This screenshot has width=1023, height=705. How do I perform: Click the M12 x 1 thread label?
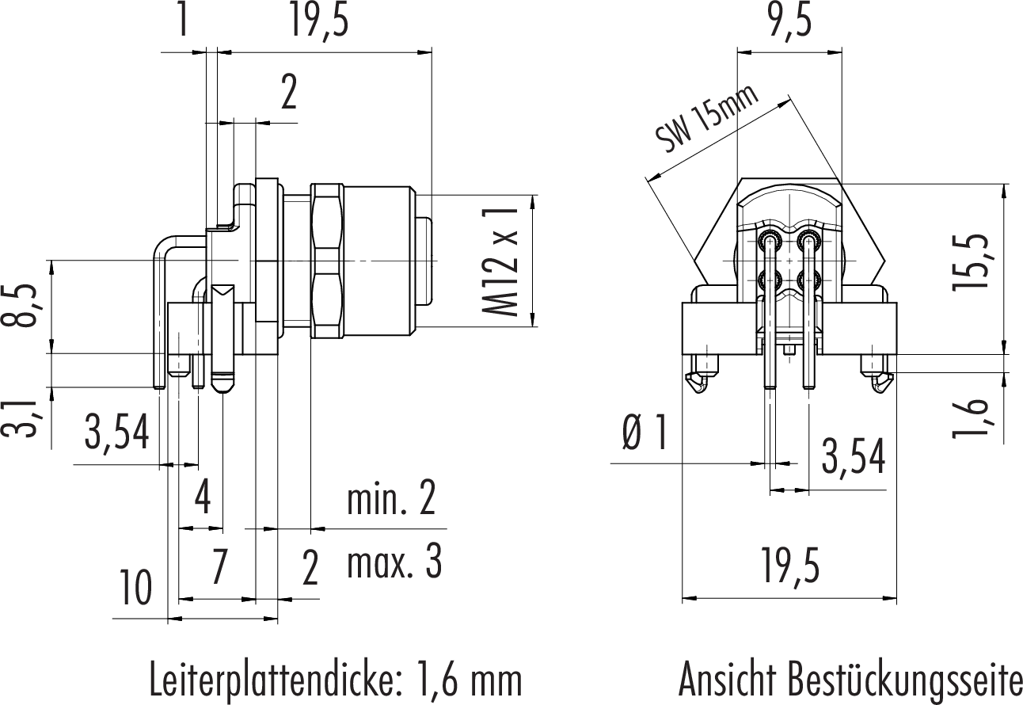(x=501, y=260)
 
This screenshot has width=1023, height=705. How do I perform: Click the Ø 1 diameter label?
(x=645, y=433)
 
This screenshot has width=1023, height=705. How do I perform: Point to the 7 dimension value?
(x=218, y=567)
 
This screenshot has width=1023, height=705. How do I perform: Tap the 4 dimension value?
(x=203, y=499)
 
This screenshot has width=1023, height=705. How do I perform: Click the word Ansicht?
(x=727, y=680)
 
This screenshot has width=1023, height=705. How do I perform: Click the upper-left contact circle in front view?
(x=768, y=239)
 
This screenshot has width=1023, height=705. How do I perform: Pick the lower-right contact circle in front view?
(x=808, y=279)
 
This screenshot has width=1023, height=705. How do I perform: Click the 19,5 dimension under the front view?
(x=789, y=567)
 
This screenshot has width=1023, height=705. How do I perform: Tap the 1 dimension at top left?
(x=183, y=22)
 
